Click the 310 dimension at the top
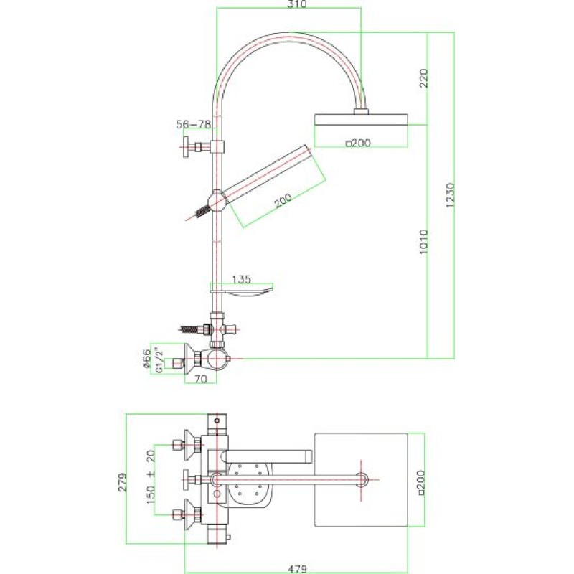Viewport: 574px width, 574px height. [x=297, y=4]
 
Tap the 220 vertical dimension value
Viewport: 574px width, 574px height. [x=423, y=77]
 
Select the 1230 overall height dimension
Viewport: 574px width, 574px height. [x=450, y=195]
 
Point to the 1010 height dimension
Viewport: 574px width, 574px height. [x=423, y=242]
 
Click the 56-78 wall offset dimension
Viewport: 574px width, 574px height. [x=193, y=124]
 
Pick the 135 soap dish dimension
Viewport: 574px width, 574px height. [x=242, y=279]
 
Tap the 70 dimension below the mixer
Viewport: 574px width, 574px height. [x=200, y=379]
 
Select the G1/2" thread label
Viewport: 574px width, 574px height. [x=159, y=360]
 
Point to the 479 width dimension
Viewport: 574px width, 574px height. [x=297, y=569]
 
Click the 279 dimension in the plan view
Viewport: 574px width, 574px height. [x=123, y=482]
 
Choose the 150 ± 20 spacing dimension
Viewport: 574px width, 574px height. [x=151, y=476]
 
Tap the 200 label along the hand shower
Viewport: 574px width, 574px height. [x=283, y=201]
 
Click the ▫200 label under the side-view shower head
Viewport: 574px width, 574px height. [x=358, y=143]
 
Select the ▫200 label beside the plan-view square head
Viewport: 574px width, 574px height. [x=421, y=482]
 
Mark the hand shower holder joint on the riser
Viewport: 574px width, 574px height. [x=217, y=202]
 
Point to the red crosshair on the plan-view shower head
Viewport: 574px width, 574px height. [x=362, y=479]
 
